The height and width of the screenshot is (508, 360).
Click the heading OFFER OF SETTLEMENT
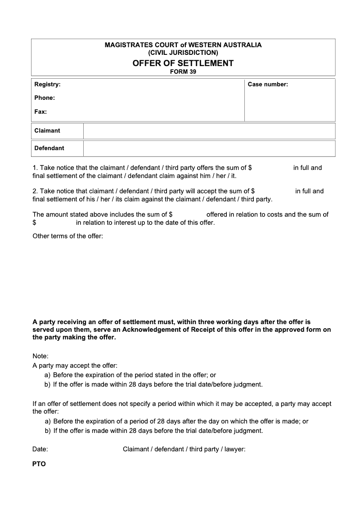tap(183, 63)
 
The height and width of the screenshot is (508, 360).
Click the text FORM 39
tap(183, 71)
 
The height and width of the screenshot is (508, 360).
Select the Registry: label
tap(47, 84)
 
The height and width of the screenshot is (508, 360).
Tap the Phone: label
tap(45, 98)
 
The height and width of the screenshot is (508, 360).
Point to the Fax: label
tap(40, 111)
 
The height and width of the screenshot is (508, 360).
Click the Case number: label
tap(268, 84)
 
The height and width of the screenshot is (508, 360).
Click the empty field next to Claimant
tap(209, 131)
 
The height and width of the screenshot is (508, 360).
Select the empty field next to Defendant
tap(209, 148)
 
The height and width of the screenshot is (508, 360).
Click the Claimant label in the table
tap(47, 131)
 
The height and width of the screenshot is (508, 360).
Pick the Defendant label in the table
tap(49, 148)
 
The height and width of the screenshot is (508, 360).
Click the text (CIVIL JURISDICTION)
tap(183, 53)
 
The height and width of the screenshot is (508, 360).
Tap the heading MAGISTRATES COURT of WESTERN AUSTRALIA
tap(183, 45)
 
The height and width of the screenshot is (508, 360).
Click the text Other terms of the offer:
tap(68, 236)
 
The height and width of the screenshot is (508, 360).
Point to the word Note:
tap(40, 356)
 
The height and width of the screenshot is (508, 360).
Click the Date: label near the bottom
tap(40, 449)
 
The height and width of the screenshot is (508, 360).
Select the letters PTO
tap(39, 464)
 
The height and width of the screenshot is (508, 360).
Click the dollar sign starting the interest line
tap(34, 223)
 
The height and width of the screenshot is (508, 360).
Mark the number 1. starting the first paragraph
tap(36, 168)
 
